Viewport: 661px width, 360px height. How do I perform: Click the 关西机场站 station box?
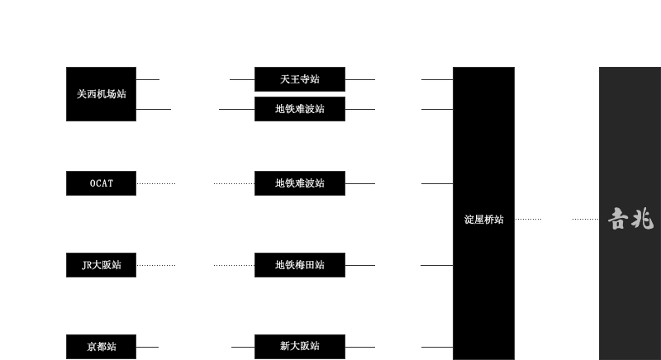click(101, 94)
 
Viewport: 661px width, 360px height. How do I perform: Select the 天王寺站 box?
click(299, 79)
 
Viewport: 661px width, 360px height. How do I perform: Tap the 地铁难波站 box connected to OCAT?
click(299, 183)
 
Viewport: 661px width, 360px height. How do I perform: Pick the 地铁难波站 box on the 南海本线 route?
click(299, 109)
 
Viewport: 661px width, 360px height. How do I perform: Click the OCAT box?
click(101, 183)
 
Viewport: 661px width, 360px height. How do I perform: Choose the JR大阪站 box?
click(101, 265)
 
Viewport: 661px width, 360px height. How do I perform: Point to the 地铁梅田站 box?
click(299, 265)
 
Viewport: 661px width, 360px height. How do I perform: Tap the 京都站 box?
click(101, 347)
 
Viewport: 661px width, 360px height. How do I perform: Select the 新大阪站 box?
click(299, 347)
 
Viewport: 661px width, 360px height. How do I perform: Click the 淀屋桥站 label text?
click(483, 220)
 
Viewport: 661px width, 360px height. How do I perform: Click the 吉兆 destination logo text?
click(630, 219)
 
